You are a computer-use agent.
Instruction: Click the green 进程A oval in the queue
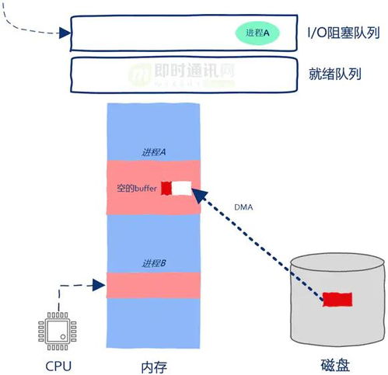tap(257, 33)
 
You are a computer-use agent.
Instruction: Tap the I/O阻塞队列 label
tap(344, 33)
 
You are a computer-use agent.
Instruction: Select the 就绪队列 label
tap(335, 74)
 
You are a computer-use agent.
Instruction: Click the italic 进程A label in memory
tap(154, 152)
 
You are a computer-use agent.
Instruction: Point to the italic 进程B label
tap(154, 263)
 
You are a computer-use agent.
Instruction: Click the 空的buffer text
tap(137, 188)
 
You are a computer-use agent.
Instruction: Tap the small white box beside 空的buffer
tap(181, 188)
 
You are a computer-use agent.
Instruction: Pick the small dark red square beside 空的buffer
tap(166, 188)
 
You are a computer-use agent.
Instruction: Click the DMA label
tap(243, 207)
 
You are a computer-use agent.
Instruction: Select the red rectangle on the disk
tap(337, 300)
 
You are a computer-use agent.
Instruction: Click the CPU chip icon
tap(58, 331)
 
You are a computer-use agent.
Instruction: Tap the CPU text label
tap(58, 366)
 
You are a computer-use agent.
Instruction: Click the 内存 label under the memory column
tap(154, 367)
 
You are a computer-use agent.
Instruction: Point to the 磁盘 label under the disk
tap(335, 365)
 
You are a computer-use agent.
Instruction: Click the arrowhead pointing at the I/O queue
tap(65, 33)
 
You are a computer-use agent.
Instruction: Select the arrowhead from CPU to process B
tap(99, 285)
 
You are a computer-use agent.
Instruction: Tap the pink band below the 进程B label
tap(153, 285)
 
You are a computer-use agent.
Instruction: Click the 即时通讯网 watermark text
tap(194, 70)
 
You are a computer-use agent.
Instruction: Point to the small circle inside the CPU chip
tap(63, 337)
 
